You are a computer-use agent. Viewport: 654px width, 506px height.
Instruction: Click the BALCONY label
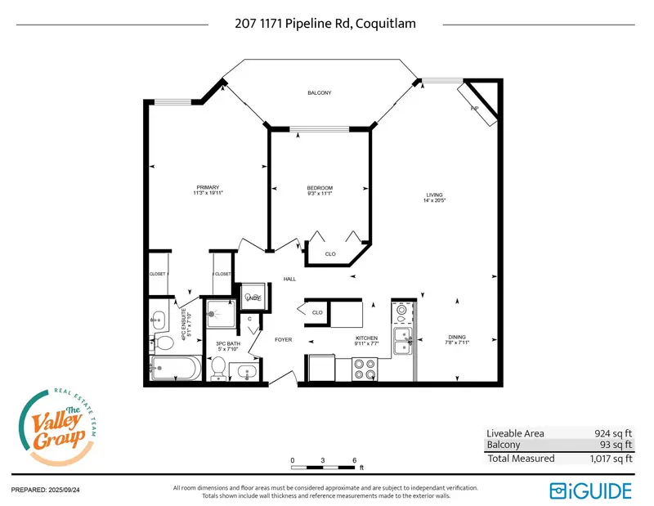point(319,93)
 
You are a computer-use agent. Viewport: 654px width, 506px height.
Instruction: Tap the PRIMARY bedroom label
point(209,188)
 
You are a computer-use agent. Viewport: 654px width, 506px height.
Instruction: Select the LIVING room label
point(433,195)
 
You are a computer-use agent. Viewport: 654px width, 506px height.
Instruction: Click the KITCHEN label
point(365,338)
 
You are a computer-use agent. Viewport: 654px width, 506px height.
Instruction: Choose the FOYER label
point(283,339)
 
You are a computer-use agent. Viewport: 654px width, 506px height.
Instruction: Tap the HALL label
point(289,279)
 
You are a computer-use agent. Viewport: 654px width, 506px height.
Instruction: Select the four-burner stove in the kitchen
point(364,370)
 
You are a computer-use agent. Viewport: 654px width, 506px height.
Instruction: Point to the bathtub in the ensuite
point(175,369)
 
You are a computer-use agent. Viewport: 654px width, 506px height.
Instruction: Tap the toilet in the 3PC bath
point(218,371)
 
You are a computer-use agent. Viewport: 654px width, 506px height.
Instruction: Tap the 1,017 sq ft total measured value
point(609,459)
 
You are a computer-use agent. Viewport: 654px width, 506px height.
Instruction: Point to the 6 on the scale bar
point(354,460)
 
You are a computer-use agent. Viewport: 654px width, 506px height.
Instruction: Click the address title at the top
point(325,24)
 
